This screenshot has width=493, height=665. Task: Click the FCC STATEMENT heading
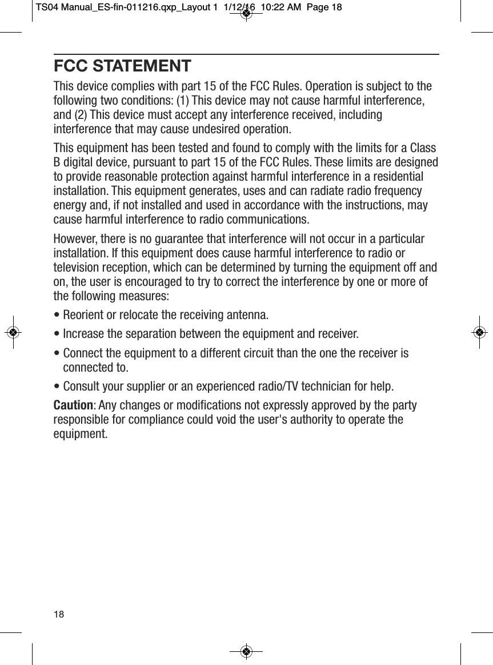tap(122, 66)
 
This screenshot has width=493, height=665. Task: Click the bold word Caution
tap(73, 405)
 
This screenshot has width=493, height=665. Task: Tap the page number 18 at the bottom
tap(59, 614)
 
